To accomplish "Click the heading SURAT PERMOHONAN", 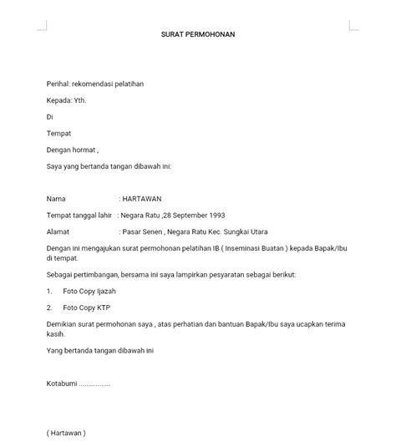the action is tap(198, 35).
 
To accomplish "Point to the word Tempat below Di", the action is tap(58, 133).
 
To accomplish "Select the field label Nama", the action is tap(55, 199).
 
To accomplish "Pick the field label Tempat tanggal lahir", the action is tap(79, 215).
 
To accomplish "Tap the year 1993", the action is tap(216, 215).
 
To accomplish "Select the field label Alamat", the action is tap(58, 231).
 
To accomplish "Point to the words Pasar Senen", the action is tap(145, 231).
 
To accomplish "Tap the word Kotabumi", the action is tap(63, 384).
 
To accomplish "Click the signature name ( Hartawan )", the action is tap(66, 433).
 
